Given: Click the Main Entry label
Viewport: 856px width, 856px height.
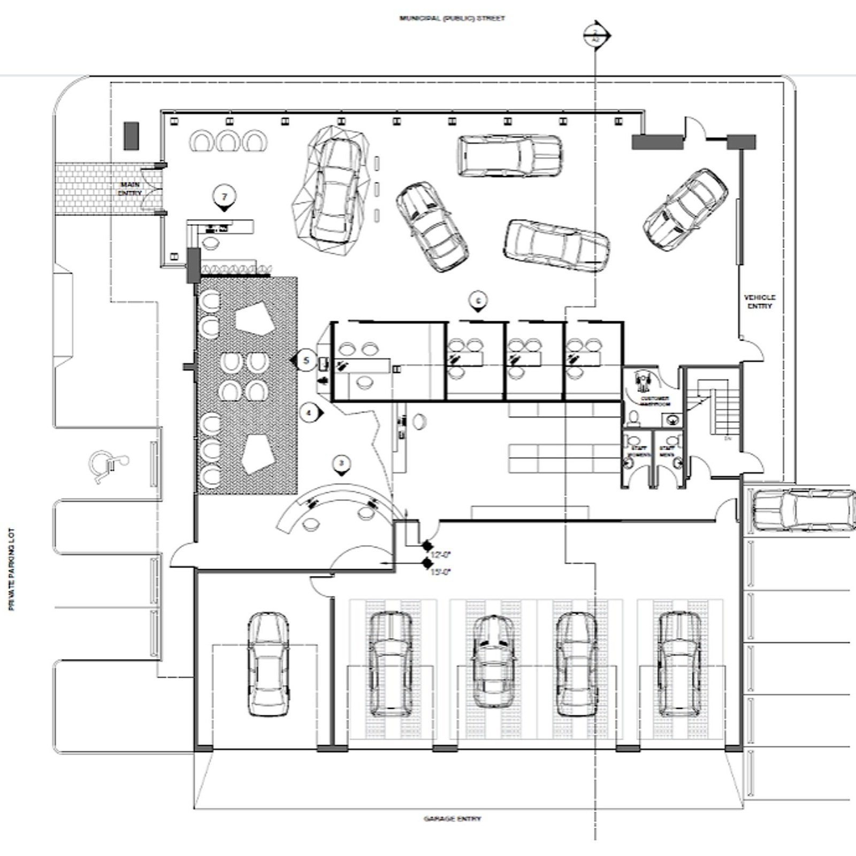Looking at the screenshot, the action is click(x=129, y=188).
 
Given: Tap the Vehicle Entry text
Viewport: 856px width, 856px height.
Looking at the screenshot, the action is click(x=759, y=302).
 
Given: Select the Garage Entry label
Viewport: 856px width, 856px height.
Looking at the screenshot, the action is click(x=452, y=819).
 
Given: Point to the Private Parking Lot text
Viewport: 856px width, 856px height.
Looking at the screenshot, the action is click(x=12, y=569).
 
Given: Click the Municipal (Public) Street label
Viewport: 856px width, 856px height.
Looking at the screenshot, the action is click(x=452, y=18).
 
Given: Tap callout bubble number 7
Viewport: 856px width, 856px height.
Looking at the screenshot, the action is click(x=224, y=197).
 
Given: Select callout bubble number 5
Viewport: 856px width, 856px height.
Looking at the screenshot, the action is click(x=306, y=361).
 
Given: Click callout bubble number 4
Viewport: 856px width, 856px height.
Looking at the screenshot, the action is click(x=309, y=413).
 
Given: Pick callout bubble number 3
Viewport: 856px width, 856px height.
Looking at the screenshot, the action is click(x=342, y=464).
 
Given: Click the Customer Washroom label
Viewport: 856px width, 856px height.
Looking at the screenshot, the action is click(x=655, y=401).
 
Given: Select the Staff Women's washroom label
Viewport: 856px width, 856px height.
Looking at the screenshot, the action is click(x=638, y=452).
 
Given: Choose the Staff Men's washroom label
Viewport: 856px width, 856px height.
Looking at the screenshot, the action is click(x=667, y=452).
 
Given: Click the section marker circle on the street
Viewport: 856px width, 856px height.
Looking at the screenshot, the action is click(x=595, y=36).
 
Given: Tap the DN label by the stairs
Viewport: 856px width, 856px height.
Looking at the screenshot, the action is click(x=727, y=438).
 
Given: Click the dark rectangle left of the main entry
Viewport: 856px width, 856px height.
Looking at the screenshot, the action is click(x=131, y=136).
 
